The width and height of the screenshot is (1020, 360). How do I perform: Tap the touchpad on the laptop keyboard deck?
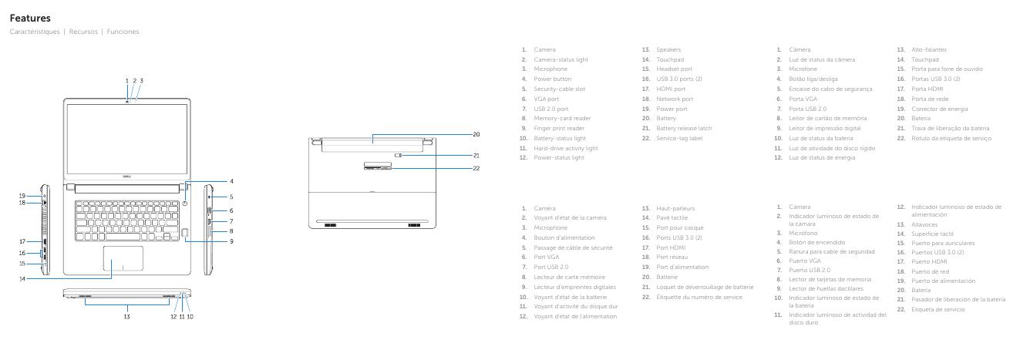click(x=122, y=260)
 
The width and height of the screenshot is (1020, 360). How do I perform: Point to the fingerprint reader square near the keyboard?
click(x=185, y=230)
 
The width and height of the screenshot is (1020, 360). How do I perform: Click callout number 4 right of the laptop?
click(x=231, y=182)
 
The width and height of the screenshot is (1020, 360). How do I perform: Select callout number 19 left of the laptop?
click(x=23, y=195)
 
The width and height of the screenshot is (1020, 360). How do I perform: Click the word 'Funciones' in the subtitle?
click(x=124, y=32)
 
